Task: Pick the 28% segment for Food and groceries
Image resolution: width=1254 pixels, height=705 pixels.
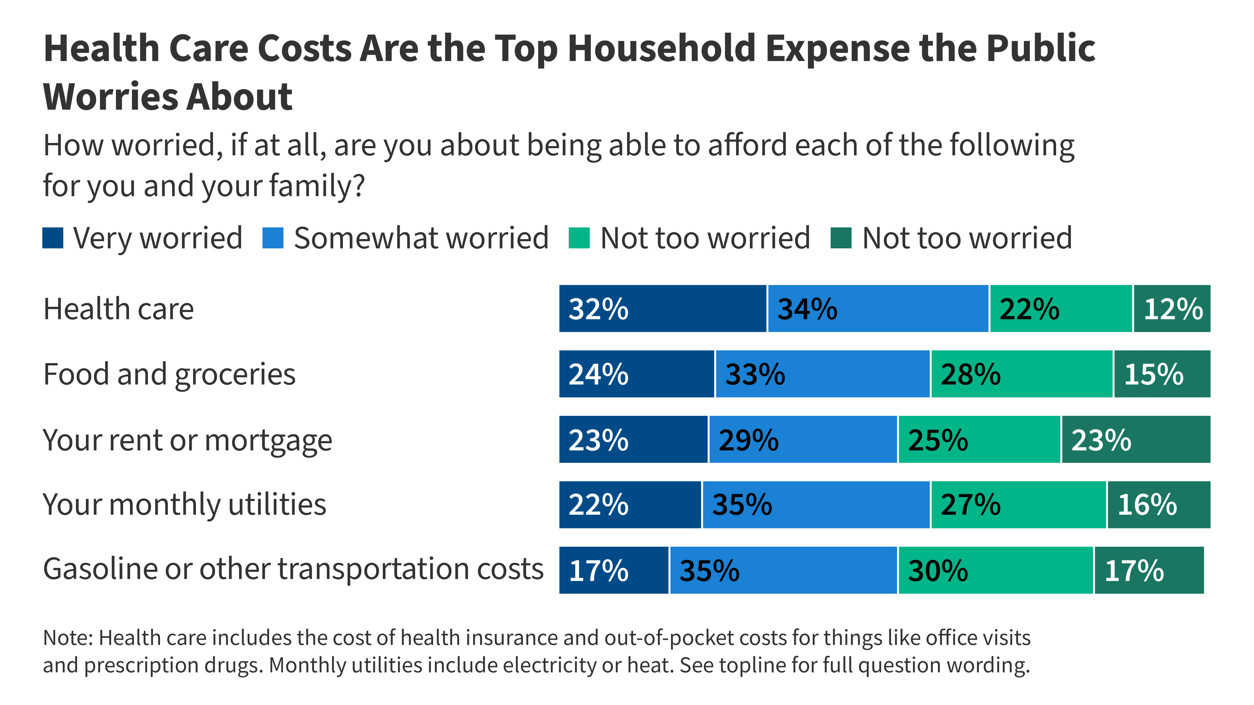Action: (1021, 374)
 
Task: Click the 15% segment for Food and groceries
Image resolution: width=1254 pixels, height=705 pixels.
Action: (1162, 374)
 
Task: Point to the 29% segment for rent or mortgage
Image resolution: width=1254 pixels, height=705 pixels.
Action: (803, 439)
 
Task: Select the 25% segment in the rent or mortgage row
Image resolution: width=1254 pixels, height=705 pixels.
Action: (979, 439)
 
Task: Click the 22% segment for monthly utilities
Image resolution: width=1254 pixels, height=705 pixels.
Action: (630, 505)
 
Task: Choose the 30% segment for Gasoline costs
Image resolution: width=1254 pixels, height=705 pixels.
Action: (995, 570)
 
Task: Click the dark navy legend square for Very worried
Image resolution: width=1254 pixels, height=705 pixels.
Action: (53, 238)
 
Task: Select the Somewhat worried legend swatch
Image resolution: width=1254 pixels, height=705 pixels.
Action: (273, 238)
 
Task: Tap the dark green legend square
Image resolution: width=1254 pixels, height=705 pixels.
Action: (841, 238)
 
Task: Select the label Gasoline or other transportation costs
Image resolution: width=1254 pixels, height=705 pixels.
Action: (293, 569)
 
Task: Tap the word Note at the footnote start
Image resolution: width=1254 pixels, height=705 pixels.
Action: (67, 637)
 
